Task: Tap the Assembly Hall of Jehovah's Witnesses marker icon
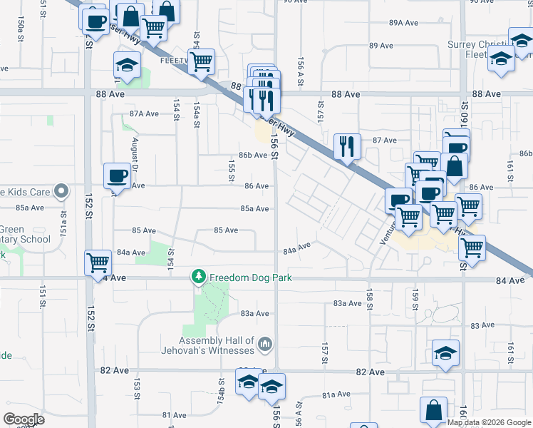[x=266, y=345]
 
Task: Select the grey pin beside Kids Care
[x=62, y=191]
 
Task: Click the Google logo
[x=24, y=419]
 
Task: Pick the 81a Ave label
[x=336, y=394]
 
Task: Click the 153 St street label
[x=136, y=388]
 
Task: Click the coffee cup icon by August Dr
[x=118, y=175]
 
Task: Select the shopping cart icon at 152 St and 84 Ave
[x=98, y=261]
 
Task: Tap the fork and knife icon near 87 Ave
[x=348, y=146]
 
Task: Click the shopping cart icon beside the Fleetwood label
[x=202, y=61]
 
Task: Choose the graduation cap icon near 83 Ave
[x=445, y=352]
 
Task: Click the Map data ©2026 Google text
[x=490, y=422]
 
